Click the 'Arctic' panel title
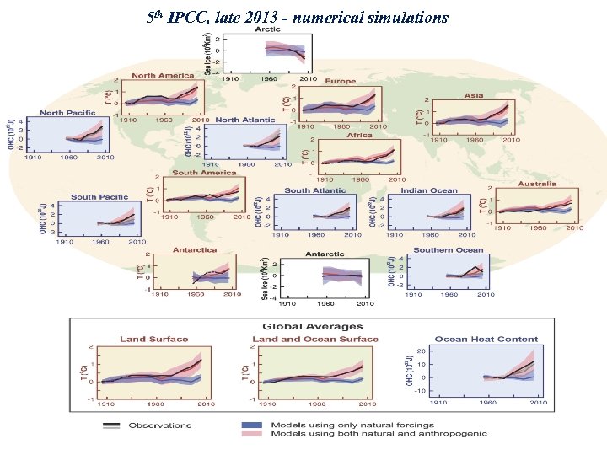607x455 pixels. click(x=267, y=29)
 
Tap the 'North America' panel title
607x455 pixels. click(x=163, y=76)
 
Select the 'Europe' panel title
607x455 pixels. click(x=340, y=82)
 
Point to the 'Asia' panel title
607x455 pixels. click(x=473, y=95)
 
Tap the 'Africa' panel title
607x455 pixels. click(x=359, y=135)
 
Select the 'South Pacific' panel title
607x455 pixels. click(x=99, y=196)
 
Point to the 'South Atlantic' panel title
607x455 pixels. click(x=314, y=190)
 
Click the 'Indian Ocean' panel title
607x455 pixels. click(x=429, y=190)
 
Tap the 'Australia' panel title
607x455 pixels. click(x=537, y=183)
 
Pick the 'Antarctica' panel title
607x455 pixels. click(x=195, y=249)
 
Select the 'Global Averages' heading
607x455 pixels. click(x=312, y=326)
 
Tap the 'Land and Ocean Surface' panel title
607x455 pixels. click(x=314, y=339)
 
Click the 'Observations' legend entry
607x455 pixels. click(x=159, y=426)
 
